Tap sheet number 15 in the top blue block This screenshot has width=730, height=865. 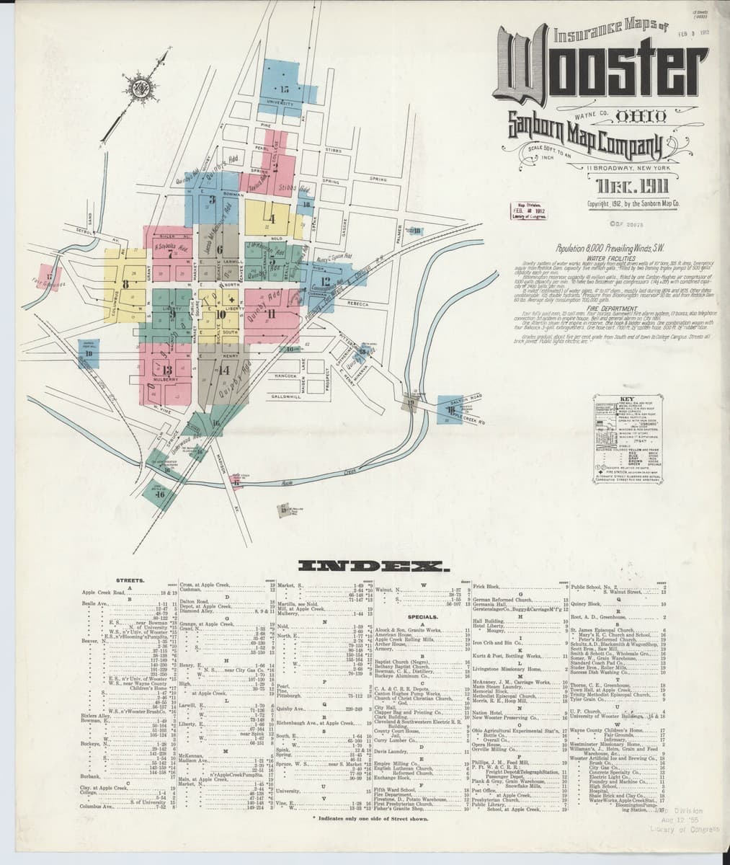coord(283,89)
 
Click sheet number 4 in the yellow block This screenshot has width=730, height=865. coord(272,218)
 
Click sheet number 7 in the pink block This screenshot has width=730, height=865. coord(170,253)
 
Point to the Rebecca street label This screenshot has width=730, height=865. coord(357,303)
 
